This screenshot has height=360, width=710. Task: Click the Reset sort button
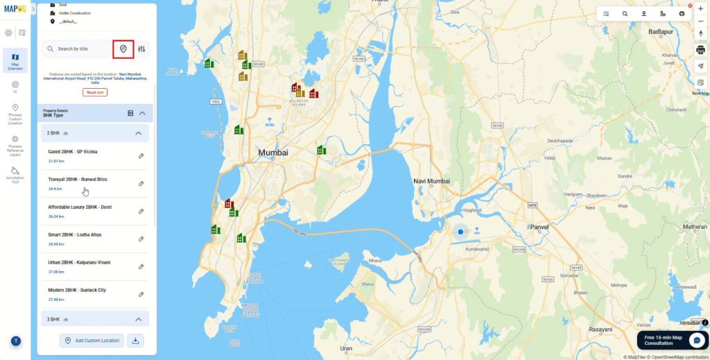(x=95, y=92)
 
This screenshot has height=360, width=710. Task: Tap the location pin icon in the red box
(x=123, y=49)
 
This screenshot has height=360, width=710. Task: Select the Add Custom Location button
(x=92, y=341)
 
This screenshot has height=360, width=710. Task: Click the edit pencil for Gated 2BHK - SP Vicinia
(x=141, y=156)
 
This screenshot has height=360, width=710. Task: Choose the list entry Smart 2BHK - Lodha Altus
(x=75, y=235)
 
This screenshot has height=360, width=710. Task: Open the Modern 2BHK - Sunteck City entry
(x=77, y=291)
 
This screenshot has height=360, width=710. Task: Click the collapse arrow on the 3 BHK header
(x=138, y=319)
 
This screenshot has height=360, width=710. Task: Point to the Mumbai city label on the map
(x=273, y=153)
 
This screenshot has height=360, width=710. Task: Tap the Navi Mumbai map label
(x=431, y=181)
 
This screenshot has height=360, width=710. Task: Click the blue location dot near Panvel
(x=460, y=233)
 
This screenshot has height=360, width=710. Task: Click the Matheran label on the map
(x=694, y=227)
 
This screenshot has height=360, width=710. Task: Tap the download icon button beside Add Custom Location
(x=136, y=341)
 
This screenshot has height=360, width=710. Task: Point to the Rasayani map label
(x=600, y=330)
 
